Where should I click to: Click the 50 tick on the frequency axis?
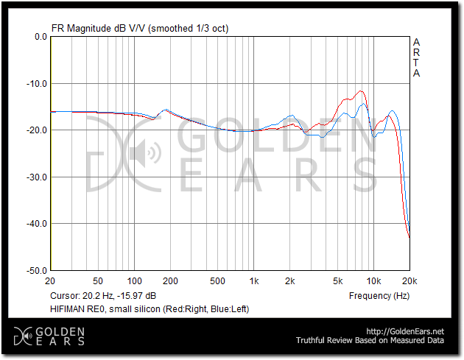(98, 281)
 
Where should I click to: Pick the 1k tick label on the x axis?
(253, 281)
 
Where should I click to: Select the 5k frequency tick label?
(338, 281)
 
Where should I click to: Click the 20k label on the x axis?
(409, 281)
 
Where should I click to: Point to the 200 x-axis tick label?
(170, 281)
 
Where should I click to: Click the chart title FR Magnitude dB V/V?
(99, 28)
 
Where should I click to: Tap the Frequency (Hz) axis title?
(379, 295)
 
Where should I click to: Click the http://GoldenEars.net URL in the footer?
(406, 331)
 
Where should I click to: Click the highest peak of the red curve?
(361, 91)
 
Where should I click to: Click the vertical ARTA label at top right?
(416, 57)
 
